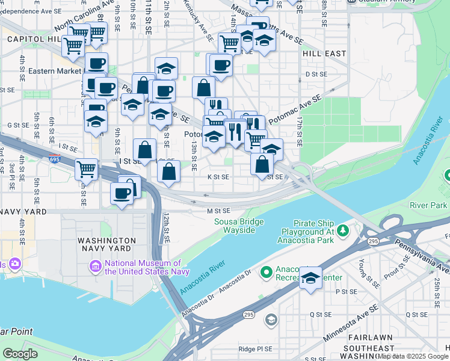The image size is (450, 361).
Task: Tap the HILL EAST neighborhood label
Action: pos(324,54)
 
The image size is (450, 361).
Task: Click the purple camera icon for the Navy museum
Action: pos(95,265)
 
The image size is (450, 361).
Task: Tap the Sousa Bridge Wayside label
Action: pos(239,226)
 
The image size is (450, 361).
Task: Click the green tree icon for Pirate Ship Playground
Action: pos(342,230)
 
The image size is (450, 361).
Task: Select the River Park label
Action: pos(428,205)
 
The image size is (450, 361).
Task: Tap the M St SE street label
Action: pos(219,211)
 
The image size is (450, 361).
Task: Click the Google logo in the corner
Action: pos(20,354)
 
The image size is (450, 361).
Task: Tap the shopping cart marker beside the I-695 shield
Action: pos(87,170)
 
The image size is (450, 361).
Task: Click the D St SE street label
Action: pos(315,74)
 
